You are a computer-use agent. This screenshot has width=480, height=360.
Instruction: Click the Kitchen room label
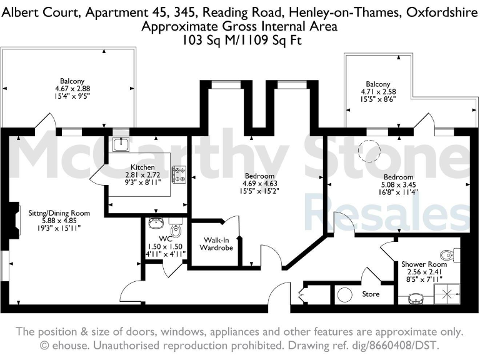142,167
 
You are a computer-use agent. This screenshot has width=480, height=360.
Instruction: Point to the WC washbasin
156,223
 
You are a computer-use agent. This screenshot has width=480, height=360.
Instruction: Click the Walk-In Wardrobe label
216,243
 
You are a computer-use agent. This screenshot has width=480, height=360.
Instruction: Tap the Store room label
371,294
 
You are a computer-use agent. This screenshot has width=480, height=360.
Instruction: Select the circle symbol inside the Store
344,294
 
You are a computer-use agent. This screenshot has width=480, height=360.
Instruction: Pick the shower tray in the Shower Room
449,294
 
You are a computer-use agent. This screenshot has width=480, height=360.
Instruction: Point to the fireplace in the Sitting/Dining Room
13,219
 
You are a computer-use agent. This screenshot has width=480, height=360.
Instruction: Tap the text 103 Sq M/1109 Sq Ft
239,40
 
